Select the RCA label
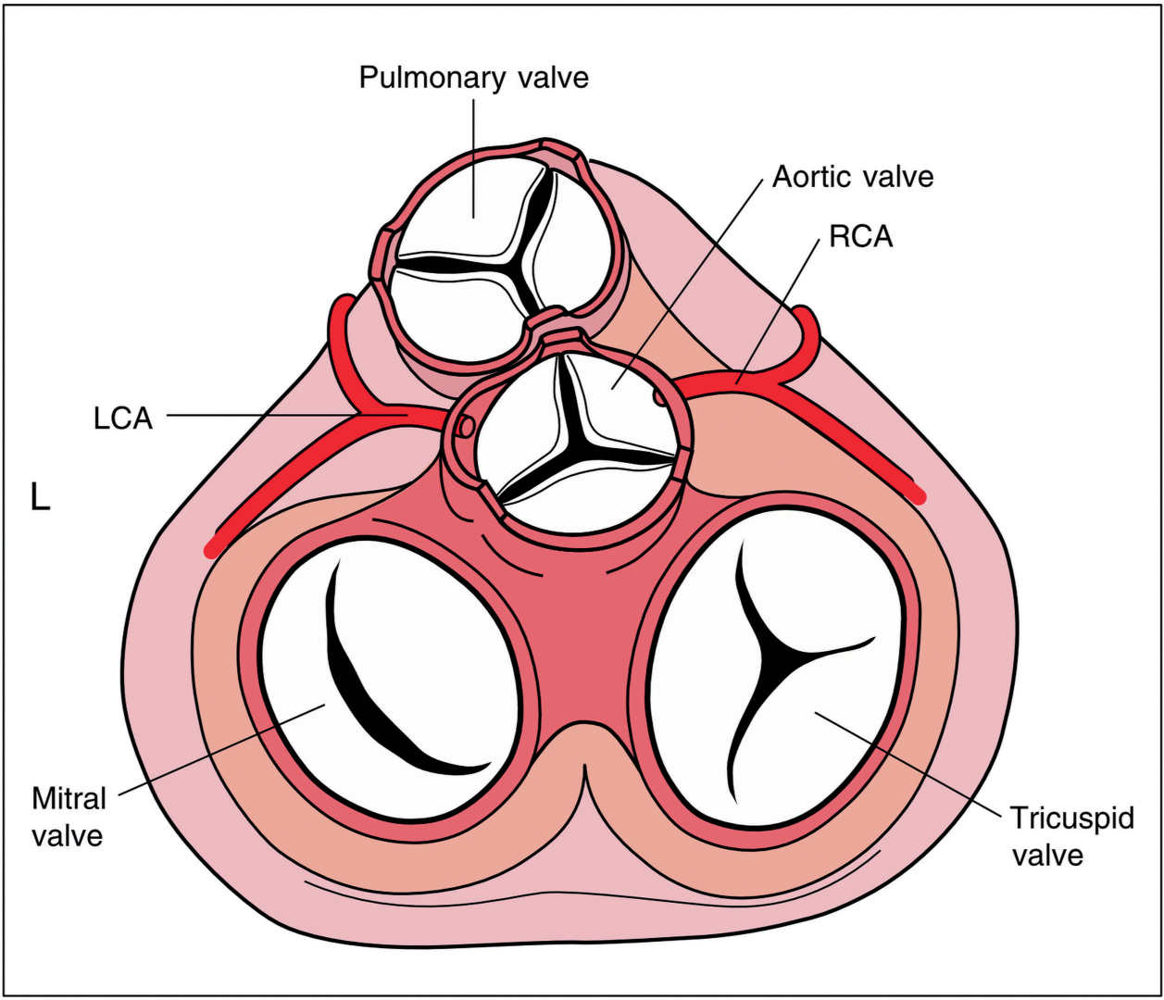click(860, 236)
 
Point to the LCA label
click(122, 418)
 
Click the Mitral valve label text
click(69, 816)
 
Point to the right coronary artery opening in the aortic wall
click(659, 397)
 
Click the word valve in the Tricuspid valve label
click(1046, 854)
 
